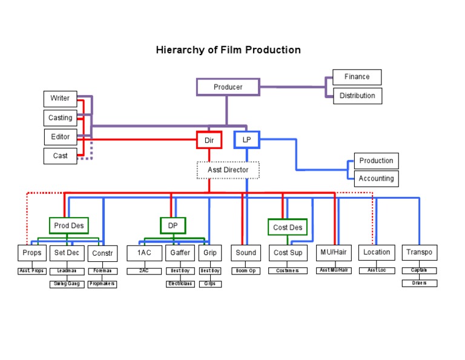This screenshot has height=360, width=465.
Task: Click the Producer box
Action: pyautogui.click(x=228, y=87)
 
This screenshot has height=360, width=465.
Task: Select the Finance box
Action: pyautogui.click(x=357, y=77)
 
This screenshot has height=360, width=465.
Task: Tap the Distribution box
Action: pyautogui.click(x=357, y=96)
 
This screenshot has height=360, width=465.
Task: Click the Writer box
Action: pyautogui.click(x=60, y=98)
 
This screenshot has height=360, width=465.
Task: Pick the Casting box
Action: pyautogui.click(x=60, y=118)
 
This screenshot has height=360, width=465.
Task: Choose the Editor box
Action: pyautogui.click(x=60, y=136)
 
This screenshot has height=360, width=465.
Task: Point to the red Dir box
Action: pyautogui.click(x=209, y=140)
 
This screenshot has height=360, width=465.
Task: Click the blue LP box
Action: pyautogui.click(x=246, y=140)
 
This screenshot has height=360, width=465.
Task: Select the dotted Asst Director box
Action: pyautogui.click(x=228, y=170)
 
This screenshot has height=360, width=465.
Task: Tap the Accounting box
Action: pyautogui.click(x=376, y=179)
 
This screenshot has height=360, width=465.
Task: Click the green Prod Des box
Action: pyautogui.click(x=68, y=226)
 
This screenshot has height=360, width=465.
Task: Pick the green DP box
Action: pyautogui.click(x=173, y=226)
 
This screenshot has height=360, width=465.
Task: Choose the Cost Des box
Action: pyautogui.click(x=288, y=227)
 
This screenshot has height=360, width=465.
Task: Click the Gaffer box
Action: pyautogui.click(x=180, y=253)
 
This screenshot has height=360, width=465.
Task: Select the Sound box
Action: pyautogui.click(x=246, y=253)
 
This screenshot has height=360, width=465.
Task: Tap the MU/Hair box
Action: pyautogui.click(x=334, y=253)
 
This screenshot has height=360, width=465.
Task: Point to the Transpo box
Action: pyautogui.click(x=419, y=253)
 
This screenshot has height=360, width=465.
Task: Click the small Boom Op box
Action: pyautogui.click(x=246, y=271)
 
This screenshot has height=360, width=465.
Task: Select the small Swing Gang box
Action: pyautogui.click(x=67, y=284)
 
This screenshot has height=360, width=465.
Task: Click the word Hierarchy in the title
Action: pyautogui.click(x=180, y=50)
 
